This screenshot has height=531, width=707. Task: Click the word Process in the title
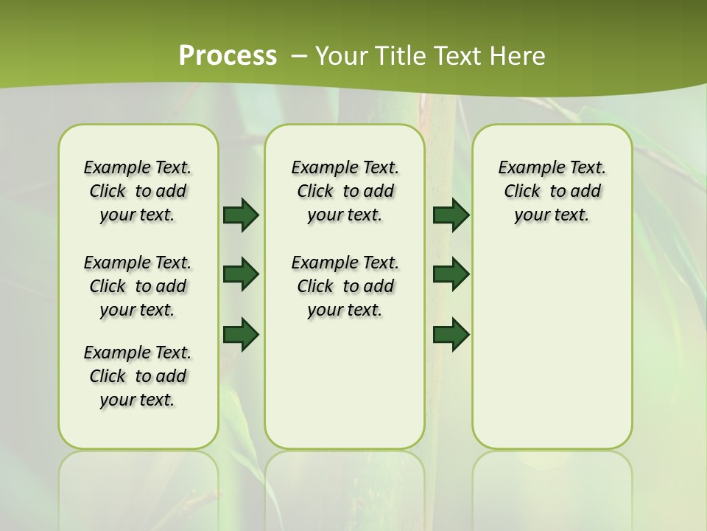(228, 55)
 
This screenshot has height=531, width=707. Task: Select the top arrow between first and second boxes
(241, 215)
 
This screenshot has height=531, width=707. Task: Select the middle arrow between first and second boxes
(241, 274)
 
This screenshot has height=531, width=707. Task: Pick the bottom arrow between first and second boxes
(241, 334)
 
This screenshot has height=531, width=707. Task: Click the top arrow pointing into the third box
(451, 215)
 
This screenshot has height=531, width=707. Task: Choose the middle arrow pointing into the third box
(451, 274)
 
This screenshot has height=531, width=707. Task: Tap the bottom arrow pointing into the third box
(451, 334)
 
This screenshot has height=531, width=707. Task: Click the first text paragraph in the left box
(138, 191)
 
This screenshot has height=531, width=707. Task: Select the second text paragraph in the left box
(138, 286)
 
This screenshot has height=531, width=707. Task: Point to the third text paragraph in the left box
(138, 376)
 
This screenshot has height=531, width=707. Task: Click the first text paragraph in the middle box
(345, 191)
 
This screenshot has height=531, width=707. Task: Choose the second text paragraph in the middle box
(345, 286)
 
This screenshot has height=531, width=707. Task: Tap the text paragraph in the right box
(552, 191)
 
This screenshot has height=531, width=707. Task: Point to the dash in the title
(299, 56)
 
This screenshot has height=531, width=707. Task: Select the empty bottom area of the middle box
(345, 391)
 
